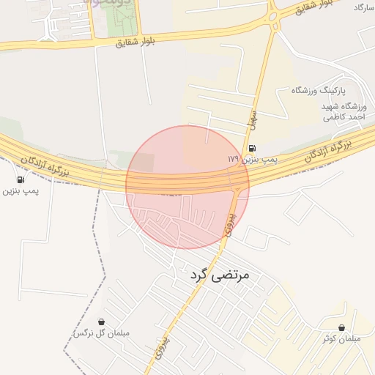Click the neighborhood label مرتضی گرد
coord(220,275)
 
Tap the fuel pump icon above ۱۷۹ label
coord(253,148)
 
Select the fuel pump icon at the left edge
coord(20,179)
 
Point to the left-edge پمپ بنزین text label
coord(21,190)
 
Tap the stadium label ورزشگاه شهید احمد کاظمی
coord(348,111)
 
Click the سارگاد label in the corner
coord(363,7)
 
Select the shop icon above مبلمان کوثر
coord(341,327)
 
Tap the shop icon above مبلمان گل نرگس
coord(101,322)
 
